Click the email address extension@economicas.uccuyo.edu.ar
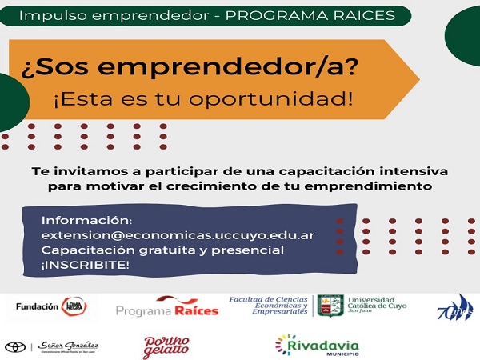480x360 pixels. click(x=178, y=235)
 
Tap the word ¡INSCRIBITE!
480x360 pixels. click(x=86, y=266)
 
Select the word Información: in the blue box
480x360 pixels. click(x=86, y=220)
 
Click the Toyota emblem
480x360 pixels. click(x=15, y=346)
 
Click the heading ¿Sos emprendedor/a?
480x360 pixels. click(x=180, y=68)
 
